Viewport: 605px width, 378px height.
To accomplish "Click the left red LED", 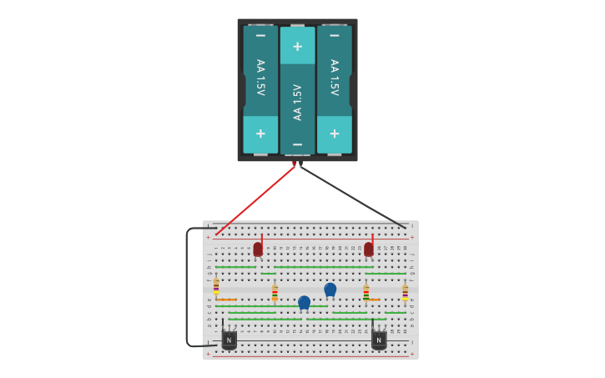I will pyautogui.click(x=258, y=249).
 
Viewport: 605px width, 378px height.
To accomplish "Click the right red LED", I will pyautogui.click(x=369, y=249).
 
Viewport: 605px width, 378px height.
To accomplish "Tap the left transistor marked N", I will pyautogui.click(x=229, y=339).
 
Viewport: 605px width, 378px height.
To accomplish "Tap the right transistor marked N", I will pyautogui.click(x=379, y=339).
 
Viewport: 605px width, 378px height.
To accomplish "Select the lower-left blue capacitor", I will pyautogui.click(x=304, y=301).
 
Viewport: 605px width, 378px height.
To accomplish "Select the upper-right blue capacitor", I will pyautogui.click(x=330, y=289).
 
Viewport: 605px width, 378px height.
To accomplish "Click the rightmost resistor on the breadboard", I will pyautogui.click(x=405, y=292).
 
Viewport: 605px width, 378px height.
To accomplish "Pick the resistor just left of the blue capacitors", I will pyautogui.click(x=275, y=292).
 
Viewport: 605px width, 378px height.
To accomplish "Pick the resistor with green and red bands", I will pyautogui.click(x=366, y=292).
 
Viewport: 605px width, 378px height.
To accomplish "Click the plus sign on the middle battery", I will pyautogui.click(x=297, y=47).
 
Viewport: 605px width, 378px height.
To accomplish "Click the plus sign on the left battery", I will pyautogui.click(x=260, y=134).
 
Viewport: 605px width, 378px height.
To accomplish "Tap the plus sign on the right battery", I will pyautogui.click(x=334, y=134).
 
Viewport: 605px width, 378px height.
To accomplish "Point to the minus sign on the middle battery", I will pyautogui.click(x=297, y=144).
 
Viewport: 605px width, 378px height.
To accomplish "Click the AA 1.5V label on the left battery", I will pyautogui.click(x=260, y=78).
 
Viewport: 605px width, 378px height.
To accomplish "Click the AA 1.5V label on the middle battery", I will pyautogui.click(x=297, y=102).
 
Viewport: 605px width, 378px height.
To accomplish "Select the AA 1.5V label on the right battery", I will pyautogui.click(x=334, y=78).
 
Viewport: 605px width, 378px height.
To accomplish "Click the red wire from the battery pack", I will pyautogui.click(x=255, y=199).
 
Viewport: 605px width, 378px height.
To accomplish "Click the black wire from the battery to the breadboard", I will pyautogui.click(x=352, y=197).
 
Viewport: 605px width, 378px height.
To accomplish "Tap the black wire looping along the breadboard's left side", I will pyautogui.click(x=187, y=288).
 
